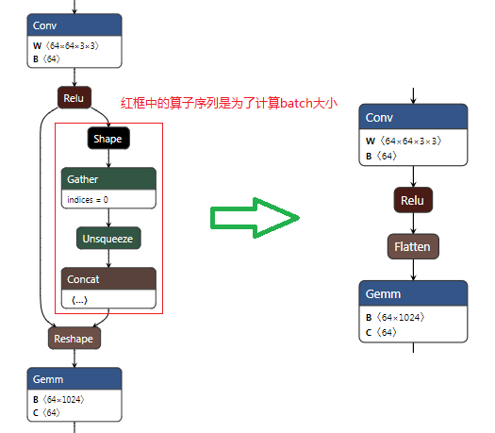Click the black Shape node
[x=108, y=139]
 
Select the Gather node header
[x=108, y=179]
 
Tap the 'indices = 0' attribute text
[x=88, y=200]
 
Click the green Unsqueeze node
[x=108, y=239]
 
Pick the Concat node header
[x=108, y=279]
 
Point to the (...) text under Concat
[x=80, y=299]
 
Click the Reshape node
[x=74, y=338]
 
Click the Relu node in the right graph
[x=413, y=200]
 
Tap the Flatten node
[x=413, y=246]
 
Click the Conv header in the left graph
[x=74, y=25]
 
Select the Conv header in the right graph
[x=413, y=118]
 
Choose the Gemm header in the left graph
[x=74, y=378]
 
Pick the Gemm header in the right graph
[x=413, y=294]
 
